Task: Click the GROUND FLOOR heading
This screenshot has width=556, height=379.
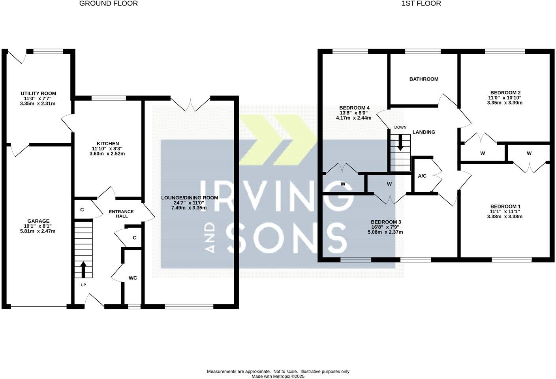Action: click(109, 4)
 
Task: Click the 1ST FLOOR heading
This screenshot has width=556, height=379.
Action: click(421, 4)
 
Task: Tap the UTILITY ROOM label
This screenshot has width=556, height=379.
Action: click(38, 94)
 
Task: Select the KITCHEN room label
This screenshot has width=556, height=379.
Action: click(108, 144)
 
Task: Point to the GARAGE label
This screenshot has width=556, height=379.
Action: click(38, 221)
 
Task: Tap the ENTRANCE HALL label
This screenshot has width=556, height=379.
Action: click(121, 214)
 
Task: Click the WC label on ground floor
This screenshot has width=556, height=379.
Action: click(133, 278)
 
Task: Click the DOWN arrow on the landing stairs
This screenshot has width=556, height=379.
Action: click(400, 143)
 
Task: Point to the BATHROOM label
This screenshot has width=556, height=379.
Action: click(424, 79)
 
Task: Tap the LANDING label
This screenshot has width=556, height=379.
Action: click(424, 132)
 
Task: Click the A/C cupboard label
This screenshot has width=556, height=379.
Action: click(422, 176)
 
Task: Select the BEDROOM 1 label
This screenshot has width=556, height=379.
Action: click(505, 206)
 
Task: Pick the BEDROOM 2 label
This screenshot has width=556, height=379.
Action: click(505, 92)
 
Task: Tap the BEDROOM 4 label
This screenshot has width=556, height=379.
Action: click(354, 108)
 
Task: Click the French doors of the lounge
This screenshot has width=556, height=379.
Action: click(190, 104)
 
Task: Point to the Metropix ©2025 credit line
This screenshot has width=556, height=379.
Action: click(278, 377)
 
